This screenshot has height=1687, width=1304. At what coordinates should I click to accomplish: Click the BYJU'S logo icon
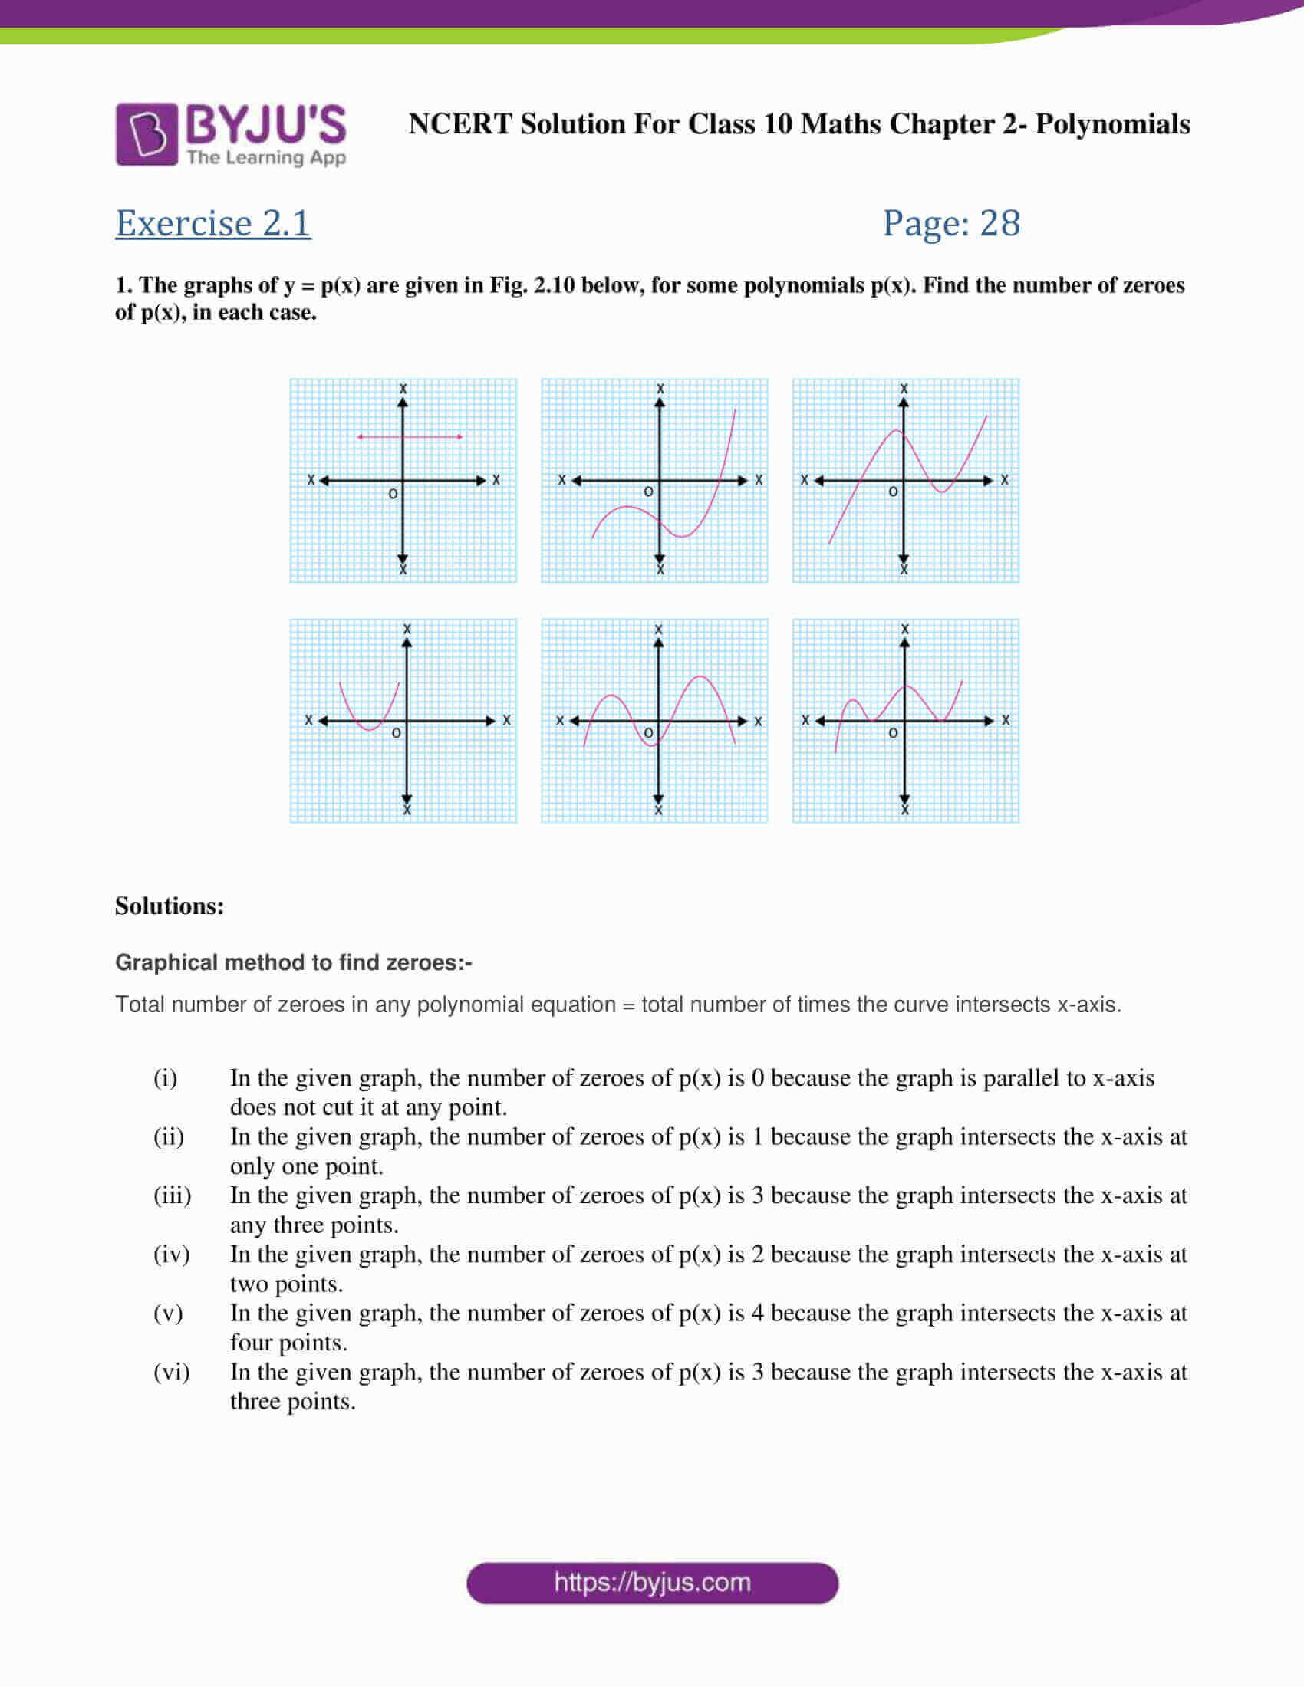click(x=147, y=134)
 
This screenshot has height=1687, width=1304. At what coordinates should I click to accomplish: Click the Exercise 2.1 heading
click(x=213, y=223)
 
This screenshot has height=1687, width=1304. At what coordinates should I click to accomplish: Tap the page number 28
click(x=999, y=223)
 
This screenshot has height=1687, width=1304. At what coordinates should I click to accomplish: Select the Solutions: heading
click(x=170, y=906)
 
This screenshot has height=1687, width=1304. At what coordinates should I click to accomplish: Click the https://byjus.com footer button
click(x=652, y=1583)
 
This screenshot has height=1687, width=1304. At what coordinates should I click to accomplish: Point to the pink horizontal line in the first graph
click(x=410, y=436)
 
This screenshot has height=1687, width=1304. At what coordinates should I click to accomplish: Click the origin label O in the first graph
click(x=393, y=493)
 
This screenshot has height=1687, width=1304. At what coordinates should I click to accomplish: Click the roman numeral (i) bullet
click(x=166, y=1077)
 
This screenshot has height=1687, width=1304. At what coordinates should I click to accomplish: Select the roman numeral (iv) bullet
click(x=171, y=1255)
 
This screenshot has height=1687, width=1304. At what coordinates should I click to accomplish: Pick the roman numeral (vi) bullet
click(x=171, y=1372)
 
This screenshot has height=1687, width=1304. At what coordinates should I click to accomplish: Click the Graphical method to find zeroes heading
click(x=294, y=962)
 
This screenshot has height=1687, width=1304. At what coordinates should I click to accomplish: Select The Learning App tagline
click(x=265, y=157)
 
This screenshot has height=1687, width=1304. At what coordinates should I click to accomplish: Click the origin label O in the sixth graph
click(x=893, y=732)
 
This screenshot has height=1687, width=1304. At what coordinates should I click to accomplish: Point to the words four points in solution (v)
click(x=288, y=1343)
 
